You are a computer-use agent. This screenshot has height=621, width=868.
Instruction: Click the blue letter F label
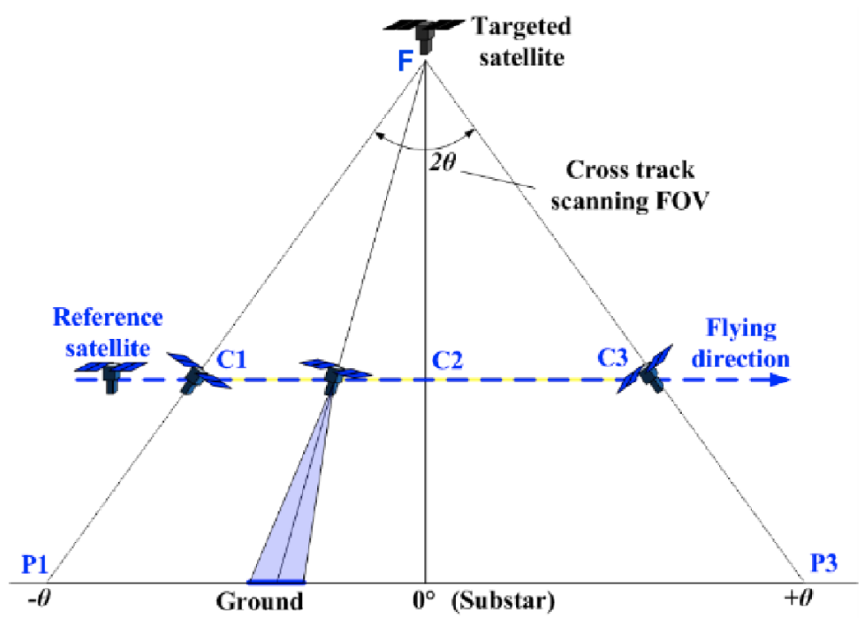point(406,61)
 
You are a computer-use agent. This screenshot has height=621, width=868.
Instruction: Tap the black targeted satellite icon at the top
point(424,34)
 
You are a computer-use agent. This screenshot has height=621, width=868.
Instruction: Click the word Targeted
point(521,26)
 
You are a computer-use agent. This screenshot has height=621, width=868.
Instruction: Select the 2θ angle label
point(442,163)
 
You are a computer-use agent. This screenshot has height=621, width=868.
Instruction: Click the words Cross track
point(630,169)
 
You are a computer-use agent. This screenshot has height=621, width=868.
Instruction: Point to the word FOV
point(681,200)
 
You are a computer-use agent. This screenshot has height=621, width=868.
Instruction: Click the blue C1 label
point(231,360)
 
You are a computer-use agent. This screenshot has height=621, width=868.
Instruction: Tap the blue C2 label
point(447,360)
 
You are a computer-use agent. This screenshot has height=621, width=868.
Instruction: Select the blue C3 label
point(612,358)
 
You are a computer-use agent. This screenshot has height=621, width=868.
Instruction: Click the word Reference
point(108,317)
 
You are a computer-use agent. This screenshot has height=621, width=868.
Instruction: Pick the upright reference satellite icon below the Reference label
point(111,376)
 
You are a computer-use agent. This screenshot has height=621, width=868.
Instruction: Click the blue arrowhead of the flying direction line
point(780,380)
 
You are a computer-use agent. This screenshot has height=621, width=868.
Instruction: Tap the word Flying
point(741,328)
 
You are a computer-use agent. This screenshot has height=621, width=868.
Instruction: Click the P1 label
point(34,565)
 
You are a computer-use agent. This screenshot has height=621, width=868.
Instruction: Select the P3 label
point(824,563)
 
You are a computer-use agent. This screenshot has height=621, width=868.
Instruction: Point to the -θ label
point(39,598)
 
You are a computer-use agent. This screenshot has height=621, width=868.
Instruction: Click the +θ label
point(798,597)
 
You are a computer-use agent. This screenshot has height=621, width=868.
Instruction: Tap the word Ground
point(259,601)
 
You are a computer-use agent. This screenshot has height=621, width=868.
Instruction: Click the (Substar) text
point(502,601)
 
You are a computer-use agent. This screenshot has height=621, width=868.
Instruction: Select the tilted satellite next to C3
point(645,369)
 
